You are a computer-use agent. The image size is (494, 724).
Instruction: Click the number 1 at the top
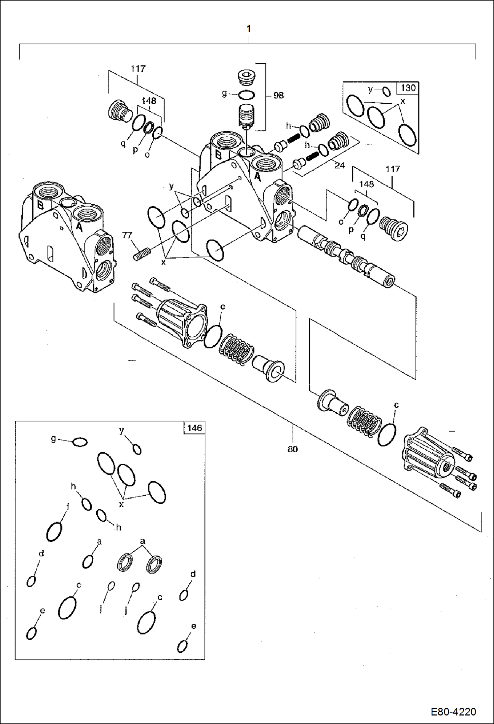tap(249, 29)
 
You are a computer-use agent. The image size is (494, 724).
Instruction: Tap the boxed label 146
tap(194, 428)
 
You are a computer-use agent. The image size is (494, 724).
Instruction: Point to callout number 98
tap(278, 95)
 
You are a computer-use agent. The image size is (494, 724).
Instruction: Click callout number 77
tap(127, 235)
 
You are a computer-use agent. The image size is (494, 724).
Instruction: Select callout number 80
tap(293, 449)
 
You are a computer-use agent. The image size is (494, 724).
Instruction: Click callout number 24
tap(340, 165)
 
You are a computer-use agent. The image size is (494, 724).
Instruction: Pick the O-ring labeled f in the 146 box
tap(54, 532)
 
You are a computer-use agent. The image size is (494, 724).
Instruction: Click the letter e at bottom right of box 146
tap(194, 626)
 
